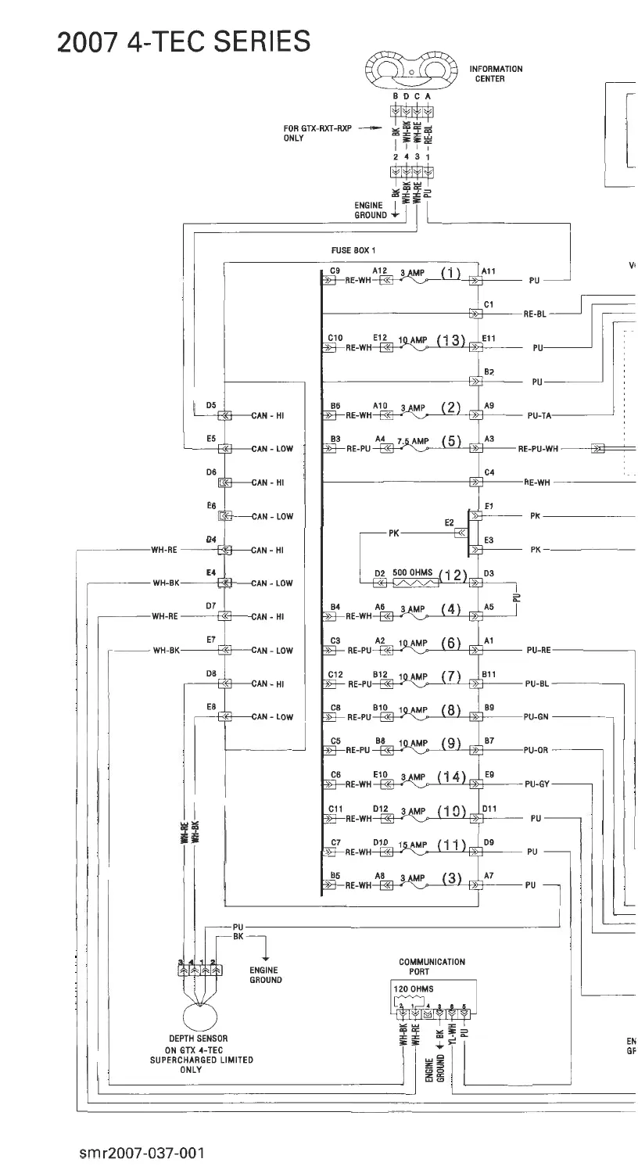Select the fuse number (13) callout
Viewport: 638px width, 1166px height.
point(453,340)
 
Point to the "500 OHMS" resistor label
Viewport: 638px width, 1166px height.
point(412,572)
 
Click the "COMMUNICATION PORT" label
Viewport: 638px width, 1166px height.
point(432,967)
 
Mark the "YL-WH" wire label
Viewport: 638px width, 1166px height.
point(452,1037)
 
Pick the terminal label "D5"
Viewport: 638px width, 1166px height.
point(210,405)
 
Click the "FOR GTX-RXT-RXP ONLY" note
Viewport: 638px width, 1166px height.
point(316,134)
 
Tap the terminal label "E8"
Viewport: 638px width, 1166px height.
point(210,706)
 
